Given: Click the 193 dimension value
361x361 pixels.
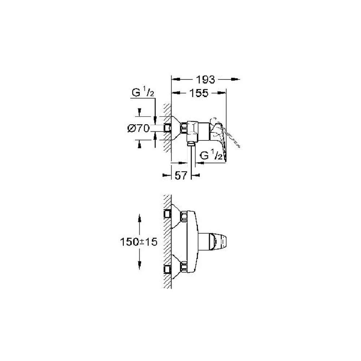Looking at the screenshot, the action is point(205,80).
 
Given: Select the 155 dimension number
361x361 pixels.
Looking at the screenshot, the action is point(199,93).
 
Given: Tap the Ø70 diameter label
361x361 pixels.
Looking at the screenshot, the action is point(139,128).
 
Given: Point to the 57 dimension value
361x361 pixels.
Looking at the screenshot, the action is point(181,176).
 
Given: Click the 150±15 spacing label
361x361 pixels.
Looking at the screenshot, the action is point(139,242).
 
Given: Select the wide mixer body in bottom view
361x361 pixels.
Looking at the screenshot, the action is point(192,242).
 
